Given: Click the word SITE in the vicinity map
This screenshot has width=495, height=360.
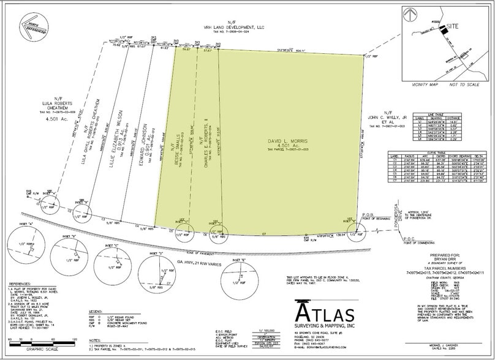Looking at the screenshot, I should pos(453,26).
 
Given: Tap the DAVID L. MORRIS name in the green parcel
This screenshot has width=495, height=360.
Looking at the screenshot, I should pos(286,141).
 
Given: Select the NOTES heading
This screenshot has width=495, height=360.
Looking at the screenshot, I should pos(94,340).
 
